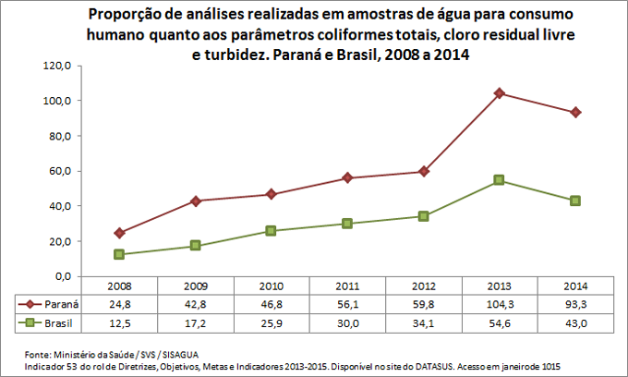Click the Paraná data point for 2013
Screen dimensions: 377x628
(500, 93)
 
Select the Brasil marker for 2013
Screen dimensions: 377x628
(500, 180)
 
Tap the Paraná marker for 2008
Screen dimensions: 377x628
(120, 233)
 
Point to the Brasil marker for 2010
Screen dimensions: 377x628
(272, 230)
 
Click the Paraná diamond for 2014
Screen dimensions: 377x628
(575, 112)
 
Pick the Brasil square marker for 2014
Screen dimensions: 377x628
(575, 201)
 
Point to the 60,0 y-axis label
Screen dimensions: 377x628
(61, 171)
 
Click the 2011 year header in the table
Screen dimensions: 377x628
(347, 286)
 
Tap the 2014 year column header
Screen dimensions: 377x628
(575, 286)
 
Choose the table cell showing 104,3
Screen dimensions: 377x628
(500, 303)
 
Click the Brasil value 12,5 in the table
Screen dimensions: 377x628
(120, 323)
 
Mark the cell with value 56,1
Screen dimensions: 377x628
(347, 303)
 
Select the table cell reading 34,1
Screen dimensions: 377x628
(423, 323)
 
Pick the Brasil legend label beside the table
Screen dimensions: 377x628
(58, 323)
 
